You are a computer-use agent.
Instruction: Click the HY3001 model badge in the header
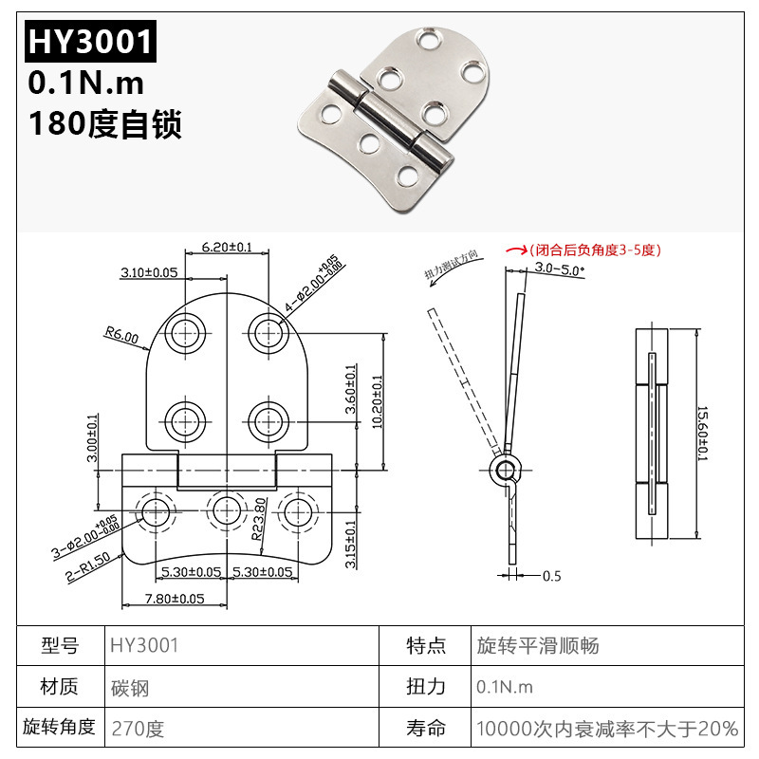(89, 41)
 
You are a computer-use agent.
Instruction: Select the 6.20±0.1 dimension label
(228, 247)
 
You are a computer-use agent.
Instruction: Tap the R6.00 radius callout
(121, 335)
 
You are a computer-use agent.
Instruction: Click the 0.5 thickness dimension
(551, 576)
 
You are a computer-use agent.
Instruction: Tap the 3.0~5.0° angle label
(560, 268)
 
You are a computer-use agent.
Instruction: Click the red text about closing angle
(594, 250)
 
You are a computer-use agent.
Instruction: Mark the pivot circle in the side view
(506, 470)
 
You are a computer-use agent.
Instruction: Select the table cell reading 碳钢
(130, 687)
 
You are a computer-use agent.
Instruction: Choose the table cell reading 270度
(138, 729)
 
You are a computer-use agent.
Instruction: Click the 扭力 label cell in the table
(426, 687)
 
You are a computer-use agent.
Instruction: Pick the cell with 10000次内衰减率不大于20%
(607, 729)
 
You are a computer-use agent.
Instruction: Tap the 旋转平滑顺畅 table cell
(537, 646)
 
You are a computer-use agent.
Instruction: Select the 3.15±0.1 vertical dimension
(351, 544)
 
